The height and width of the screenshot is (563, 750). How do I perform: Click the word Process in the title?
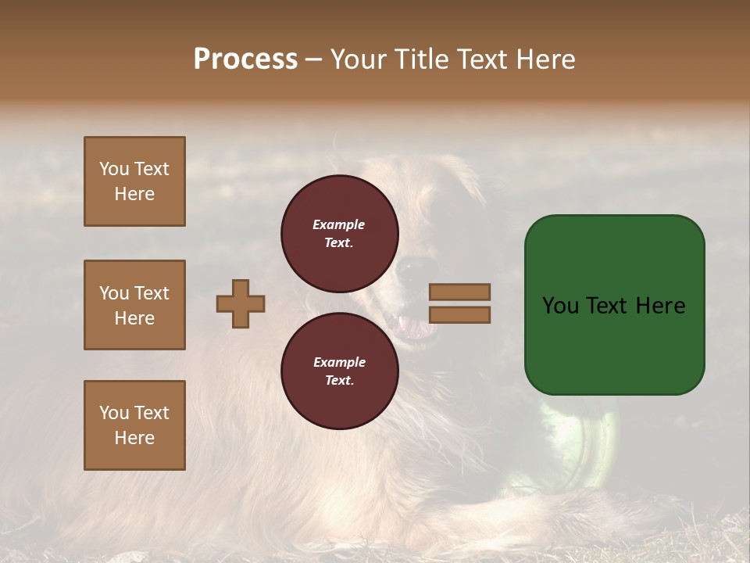[245, 59]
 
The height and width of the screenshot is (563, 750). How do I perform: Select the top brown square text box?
[134, 181]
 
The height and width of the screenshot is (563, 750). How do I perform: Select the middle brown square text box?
[134, 305]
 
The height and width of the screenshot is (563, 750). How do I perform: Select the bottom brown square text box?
[134, 425]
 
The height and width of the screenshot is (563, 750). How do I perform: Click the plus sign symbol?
[241, 303]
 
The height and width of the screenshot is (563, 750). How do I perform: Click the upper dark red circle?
[340, 234]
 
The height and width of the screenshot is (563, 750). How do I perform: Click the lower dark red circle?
[340, 371]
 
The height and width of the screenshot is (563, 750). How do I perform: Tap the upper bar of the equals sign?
[460, 292]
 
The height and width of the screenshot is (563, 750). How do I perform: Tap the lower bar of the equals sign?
[460, 314]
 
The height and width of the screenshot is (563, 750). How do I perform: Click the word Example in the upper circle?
[338, 224]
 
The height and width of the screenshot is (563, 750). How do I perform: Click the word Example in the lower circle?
[338, 362]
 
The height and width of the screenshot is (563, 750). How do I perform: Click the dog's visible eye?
[407, 272]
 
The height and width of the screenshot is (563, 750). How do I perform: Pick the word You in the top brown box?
[114, 169]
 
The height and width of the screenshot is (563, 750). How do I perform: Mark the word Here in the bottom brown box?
[134, 438]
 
